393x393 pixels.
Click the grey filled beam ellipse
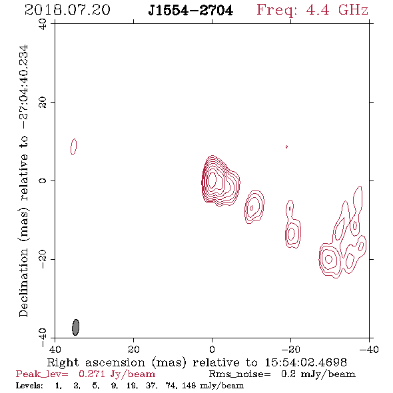click(x=76, y=327)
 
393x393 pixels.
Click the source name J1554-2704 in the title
click(x=191, y=10)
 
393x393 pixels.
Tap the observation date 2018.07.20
click(x=67, y=10)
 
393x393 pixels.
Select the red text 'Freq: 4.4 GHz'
click(x=312, y=10)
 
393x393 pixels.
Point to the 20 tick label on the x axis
click(x=133, y=349)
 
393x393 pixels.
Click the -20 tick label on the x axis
click(x=290, y=349)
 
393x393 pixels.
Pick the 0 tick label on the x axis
click(x=212, y=349)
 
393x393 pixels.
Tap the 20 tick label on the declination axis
click(x=43, y=103)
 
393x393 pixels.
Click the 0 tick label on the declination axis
click(x=43, y=181)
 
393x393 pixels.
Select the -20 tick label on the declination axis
click(x=43, y=259)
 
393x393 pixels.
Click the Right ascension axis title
click(x=197, y=362)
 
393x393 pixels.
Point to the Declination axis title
click(x=23, y=181)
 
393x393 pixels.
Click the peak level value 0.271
click(x=92, y=374)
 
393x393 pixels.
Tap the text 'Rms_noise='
click(x=240, y=374)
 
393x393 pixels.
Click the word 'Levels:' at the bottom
click(x=29, y=385)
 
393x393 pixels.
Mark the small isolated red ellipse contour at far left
click(x=73, y=147)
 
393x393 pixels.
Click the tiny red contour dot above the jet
click(x=286, y=147)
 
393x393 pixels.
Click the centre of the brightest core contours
click(x=212, y=180)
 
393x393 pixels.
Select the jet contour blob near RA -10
click(x=254, y=206)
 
